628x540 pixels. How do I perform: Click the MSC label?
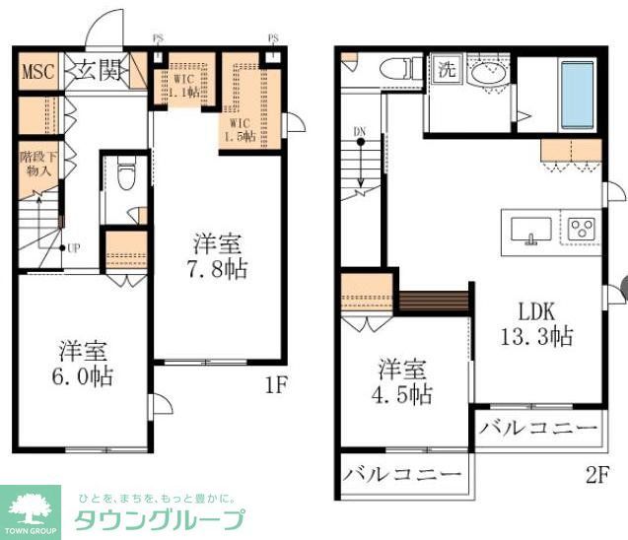click(38, 73)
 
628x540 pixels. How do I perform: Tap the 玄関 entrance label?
click(96, 72)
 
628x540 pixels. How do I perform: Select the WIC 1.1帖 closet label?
click(183, 84)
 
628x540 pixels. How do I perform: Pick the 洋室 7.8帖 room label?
click(219, 255)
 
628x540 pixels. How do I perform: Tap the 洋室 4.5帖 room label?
click(404, 382)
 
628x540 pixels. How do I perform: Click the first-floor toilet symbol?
click(124, 179)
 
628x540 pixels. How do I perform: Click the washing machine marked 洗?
click(447, 70)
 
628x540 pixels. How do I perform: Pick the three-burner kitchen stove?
click(582, 229)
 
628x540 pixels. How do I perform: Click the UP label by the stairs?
click(72, 246)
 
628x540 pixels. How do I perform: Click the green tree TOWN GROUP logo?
click(33, 509)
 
